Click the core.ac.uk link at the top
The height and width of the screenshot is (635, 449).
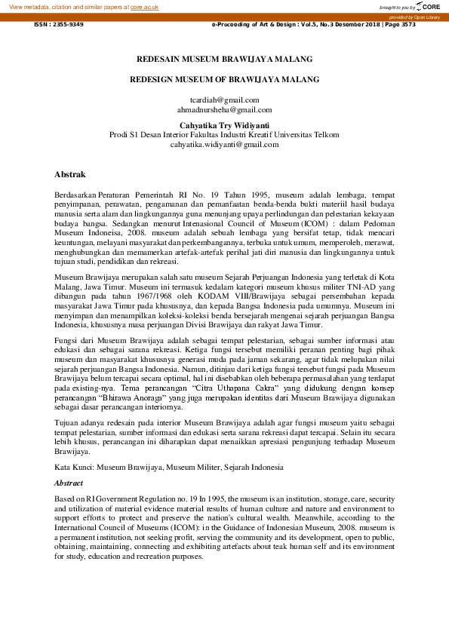(146, 6)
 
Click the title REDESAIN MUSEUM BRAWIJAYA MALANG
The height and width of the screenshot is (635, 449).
(224, 58)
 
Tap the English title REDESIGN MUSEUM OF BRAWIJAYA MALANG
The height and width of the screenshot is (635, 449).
(224, 78)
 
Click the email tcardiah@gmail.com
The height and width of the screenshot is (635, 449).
(224, 100)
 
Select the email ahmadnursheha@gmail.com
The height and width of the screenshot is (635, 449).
(224, 109)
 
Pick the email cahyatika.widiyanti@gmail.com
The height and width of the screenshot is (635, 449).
(224, 144)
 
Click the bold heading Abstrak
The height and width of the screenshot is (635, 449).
(69, 174)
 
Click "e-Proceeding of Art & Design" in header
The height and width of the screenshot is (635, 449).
(257, 25)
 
